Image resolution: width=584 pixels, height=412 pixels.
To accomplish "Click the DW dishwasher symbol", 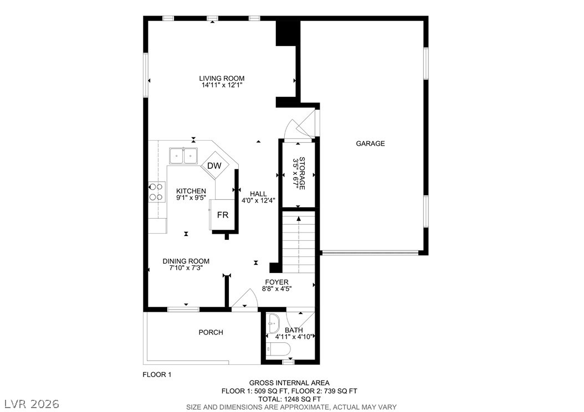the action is [x=214, y=166].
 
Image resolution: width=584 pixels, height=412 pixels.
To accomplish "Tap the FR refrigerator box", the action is [x=222, y=215].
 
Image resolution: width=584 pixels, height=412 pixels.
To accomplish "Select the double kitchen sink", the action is [x=183, y=156].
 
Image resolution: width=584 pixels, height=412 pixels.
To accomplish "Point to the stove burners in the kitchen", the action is [x=157, y=192].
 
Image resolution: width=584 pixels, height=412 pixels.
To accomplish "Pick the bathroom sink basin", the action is [x=273, y=323].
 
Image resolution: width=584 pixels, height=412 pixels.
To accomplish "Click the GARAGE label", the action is [x=370, y=143].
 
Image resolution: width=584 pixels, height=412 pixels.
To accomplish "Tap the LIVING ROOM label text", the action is [x=222, y=79].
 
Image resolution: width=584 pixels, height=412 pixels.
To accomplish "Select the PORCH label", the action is [x=211, y=332].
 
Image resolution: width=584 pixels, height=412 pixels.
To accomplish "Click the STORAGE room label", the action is [x=302, y=173].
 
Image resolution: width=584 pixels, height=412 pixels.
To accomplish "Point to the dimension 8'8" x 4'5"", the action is [x=276, y=289].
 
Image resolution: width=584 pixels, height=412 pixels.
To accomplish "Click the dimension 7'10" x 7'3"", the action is [x=186, y=267].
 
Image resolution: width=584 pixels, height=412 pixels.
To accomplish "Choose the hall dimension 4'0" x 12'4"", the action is [x=259, y=200].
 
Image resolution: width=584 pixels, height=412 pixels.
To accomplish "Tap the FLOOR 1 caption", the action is [x=157, y=375].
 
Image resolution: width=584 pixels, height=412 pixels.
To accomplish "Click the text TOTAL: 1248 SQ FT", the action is [x=289, y=399].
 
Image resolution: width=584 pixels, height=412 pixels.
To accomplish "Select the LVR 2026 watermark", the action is [x=32, y=404].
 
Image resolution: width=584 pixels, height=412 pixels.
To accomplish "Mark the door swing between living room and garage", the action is [x=301, y=124].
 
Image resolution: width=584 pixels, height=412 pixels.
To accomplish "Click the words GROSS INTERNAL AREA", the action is [x=289, y=383].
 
